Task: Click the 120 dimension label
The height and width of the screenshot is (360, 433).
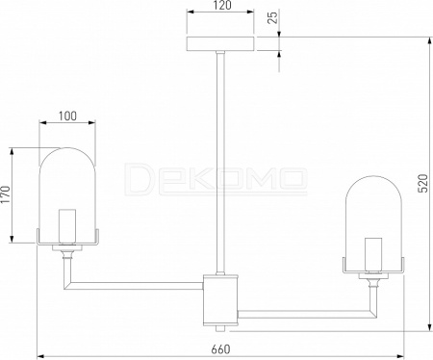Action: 222,6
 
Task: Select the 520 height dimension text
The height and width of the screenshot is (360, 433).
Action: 424,183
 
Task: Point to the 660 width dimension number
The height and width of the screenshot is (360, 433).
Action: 220,349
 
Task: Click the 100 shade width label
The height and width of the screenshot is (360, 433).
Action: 67,116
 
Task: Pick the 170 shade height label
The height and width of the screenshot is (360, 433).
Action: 6,194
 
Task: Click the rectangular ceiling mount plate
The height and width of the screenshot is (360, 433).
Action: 220,43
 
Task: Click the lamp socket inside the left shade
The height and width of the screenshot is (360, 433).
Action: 67,226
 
